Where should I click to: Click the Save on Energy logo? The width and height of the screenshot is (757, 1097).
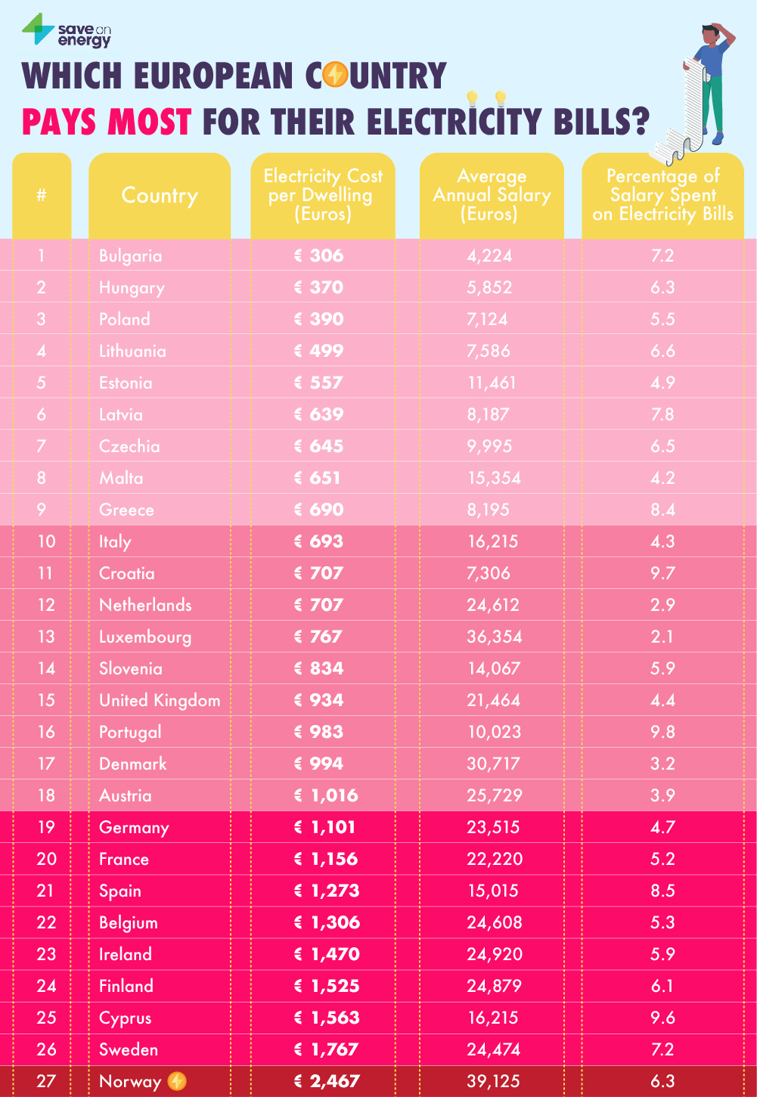pos(66,32)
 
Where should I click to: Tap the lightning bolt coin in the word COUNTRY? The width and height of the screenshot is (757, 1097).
pos(335,76)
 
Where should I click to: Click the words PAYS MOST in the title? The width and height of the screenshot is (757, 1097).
pos(107,122)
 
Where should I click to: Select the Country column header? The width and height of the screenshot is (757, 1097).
pos(160,196)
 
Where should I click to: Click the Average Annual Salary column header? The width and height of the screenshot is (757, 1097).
pos(492,196)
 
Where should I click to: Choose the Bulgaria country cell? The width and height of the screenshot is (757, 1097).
pos(131,256)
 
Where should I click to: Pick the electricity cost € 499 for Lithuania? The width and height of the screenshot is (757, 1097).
pos(319,351)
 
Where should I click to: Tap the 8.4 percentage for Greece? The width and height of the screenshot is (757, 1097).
pos(662,510)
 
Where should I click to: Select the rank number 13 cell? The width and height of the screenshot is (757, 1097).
pos(46,637)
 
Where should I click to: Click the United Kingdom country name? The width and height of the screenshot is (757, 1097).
pos(160,700)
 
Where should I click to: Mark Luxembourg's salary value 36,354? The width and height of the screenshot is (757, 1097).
pos(495,637)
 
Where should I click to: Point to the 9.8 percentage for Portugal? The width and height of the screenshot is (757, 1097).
pos(662,732)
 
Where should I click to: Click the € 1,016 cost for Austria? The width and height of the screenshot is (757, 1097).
pos(327,795)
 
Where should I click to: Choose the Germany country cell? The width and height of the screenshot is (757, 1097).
pos(134,827)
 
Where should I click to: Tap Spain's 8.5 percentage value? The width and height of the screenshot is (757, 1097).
pos(662,891)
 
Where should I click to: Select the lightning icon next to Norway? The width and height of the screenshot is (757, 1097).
pos(177,1081)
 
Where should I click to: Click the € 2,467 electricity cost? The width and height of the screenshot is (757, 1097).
pos(327,1081)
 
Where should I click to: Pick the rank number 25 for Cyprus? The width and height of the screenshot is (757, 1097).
pos(46,1018)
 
